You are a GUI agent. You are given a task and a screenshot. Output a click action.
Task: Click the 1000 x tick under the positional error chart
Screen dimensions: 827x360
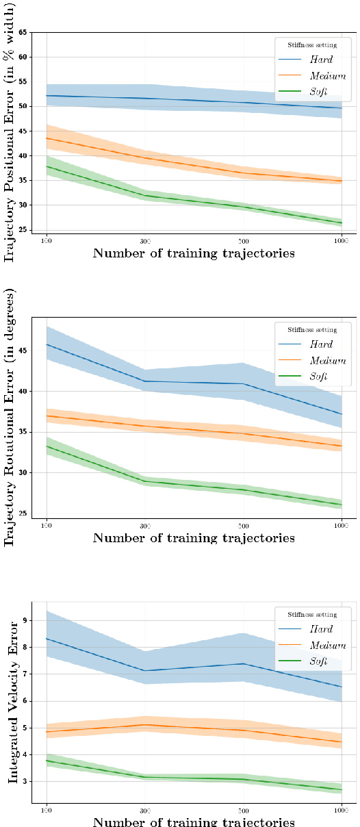point(341,241)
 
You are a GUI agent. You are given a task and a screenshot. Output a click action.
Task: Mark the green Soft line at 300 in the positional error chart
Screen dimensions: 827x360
point(144,196)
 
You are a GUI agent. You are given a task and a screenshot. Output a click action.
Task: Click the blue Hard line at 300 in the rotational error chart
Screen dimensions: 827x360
point(144,381)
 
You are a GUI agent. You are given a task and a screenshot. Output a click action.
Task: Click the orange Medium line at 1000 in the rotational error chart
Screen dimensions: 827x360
point(341,446)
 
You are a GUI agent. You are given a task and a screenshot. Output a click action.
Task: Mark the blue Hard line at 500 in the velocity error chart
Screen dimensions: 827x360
point(243,663)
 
